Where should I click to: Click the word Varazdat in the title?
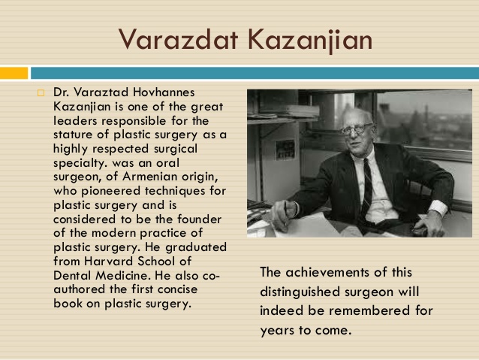178,40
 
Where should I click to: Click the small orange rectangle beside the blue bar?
14,73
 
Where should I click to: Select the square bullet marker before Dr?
41,92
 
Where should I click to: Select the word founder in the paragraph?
199,219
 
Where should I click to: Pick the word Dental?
72,276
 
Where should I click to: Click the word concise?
177,289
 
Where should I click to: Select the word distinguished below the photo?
300,292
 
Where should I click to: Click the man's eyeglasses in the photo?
355,129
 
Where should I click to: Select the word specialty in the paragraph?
80,163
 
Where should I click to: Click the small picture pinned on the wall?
285,150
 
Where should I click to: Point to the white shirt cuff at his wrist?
438,207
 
